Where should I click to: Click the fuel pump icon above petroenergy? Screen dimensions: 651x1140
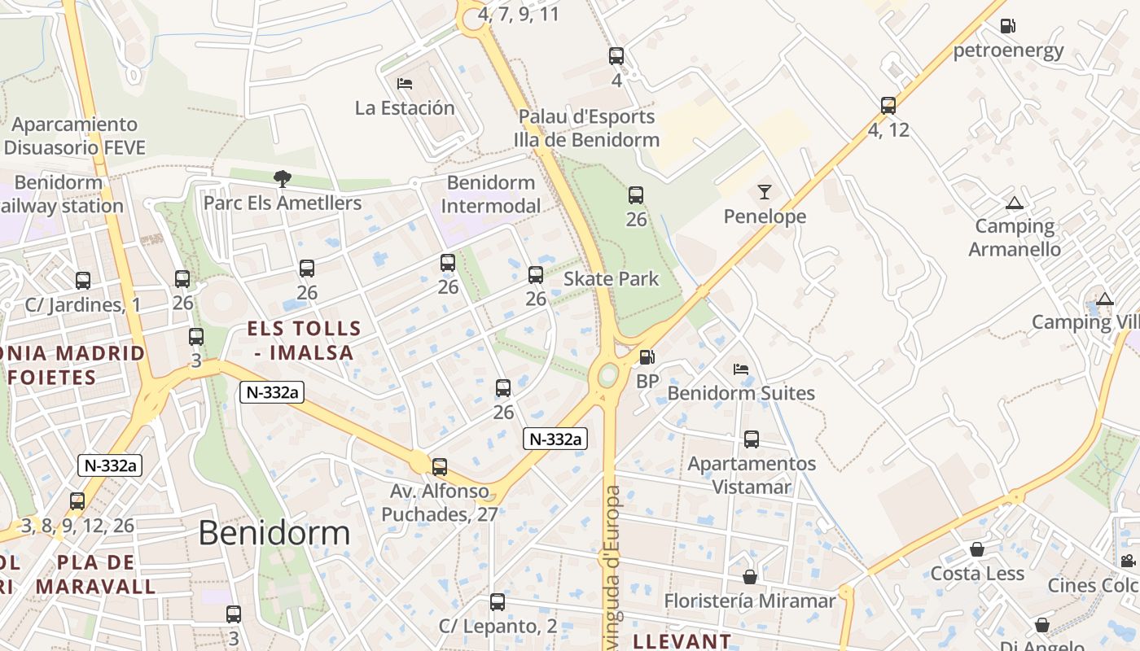pos(1007,26)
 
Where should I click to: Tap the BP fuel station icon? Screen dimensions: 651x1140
pos(647,357)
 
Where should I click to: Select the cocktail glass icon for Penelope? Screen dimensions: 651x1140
pos(764,192)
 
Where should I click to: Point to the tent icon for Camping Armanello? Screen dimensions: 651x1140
pos(1014,203)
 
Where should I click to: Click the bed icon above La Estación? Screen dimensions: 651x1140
pos(405,84)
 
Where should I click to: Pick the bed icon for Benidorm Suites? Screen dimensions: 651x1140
pos(740,369)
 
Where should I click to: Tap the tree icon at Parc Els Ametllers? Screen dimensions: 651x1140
pos(282,178)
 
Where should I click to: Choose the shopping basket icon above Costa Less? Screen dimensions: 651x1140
pos(977,549)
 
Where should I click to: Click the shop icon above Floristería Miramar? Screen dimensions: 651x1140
pos(750,577)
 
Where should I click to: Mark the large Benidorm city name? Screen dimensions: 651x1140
pos(274,533)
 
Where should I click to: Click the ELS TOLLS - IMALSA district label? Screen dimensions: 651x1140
pos(304,340)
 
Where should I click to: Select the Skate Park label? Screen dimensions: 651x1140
pos(611,279)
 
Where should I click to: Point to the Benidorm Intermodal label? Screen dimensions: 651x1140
pos(491,194)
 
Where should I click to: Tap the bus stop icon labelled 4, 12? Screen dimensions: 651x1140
pos(888,106)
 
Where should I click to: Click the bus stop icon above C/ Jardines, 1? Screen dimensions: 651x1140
pos(83,281)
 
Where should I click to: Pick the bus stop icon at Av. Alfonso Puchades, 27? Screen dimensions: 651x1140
pos(440,467)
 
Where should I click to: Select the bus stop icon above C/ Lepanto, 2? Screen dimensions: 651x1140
pos(498,602)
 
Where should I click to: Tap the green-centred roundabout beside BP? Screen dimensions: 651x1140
pos(607,376)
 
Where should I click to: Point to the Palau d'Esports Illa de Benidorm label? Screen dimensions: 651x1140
pos(586,128)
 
